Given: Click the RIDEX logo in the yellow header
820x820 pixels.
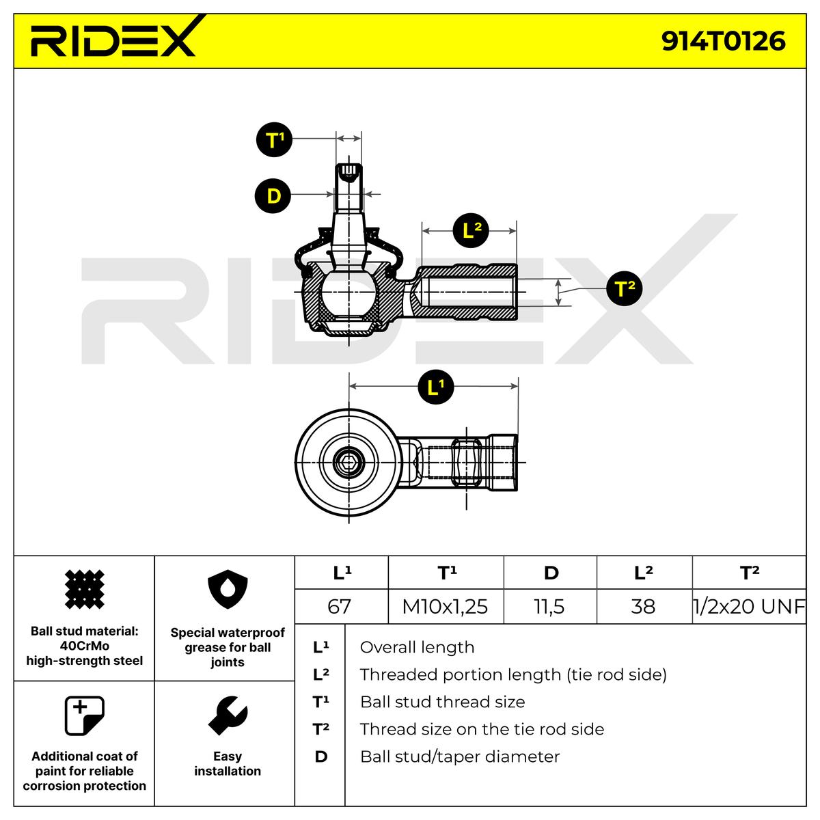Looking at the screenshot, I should coord(113,40).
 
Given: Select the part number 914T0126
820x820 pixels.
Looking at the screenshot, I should coord(723,42).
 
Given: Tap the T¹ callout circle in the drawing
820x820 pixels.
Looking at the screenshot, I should coord(274,141).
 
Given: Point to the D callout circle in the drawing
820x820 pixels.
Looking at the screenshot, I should coord(273,196).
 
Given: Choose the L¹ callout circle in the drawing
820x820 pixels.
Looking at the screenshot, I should coord(436,387).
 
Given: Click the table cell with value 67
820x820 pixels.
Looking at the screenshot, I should coord(340,606).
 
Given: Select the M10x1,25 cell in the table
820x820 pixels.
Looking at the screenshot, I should coord(445,606).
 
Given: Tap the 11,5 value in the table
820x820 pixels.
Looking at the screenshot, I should coord(549,606).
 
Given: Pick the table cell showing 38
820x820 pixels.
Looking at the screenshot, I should coord(643,606).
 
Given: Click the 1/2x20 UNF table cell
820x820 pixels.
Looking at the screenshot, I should coord(749,606).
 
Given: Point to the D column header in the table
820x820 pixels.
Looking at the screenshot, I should coord(550,573).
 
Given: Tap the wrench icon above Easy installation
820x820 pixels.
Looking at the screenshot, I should coord(227,717).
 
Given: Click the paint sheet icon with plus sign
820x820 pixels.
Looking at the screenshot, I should coord(84,715).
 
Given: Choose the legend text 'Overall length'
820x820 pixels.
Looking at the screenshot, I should coord(417,647).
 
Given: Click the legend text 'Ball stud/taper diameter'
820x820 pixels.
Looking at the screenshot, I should coord(459,756).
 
